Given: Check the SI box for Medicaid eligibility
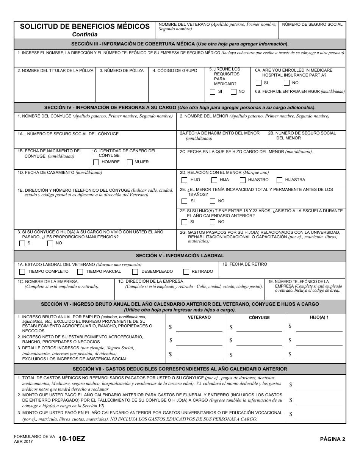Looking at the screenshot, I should [x=213, y=92].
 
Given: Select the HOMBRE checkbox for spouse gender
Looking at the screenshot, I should [x=96, y=162].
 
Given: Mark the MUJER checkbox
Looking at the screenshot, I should [x=130, y=162].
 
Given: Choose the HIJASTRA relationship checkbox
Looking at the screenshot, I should [x=279, y=180].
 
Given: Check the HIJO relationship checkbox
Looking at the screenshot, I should [x=184, y=180].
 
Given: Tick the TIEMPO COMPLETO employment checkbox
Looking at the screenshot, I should [x=22, y=272].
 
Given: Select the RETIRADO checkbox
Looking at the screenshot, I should [x=186, y=272].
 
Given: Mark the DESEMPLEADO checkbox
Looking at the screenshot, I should [x=135, y=272].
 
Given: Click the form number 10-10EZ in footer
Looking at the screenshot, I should [x=72, y=439].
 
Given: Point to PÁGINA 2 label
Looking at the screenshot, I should [x=332, y=439].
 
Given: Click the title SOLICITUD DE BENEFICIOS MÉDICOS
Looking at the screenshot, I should [x=85, y=27].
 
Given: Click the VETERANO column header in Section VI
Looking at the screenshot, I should [x=199, y=317].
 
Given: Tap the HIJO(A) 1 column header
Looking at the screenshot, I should [x=319, y=317].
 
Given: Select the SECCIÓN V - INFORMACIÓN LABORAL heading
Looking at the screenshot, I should [x=180, y=256].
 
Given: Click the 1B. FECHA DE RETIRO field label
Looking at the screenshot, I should [x=244, y=264].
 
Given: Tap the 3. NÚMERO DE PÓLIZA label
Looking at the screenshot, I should [x=122, y=71].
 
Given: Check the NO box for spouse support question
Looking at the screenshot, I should [x=50, y=243].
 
